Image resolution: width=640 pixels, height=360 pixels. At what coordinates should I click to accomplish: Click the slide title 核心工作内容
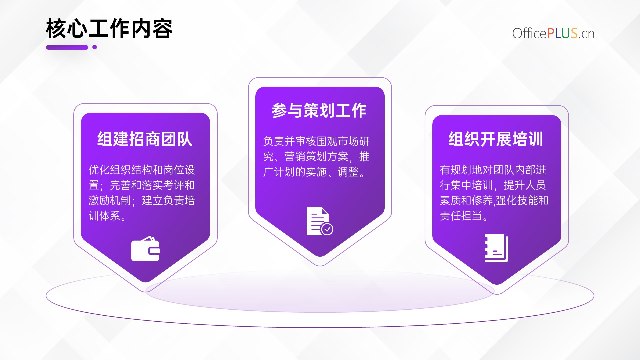[109, 29]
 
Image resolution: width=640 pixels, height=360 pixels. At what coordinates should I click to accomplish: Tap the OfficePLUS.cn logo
[553, 33]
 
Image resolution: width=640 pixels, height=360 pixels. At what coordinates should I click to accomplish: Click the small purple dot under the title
[95, 47]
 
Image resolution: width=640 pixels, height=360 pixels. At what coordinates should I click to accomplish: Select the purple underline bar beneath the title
[67, 47]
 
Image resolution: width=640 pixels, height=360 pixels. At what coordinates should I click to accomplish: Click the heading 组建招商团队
[145, 139]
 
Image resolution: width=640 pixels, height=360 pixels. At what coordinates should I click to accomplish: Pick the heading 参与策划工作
[319, 110]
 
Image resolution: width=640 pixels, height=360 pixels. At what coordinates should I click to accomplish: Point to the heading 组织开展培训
[496, 139]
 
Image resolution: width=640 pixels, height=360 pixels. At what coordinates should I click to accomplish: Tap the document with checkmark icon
[320, 221]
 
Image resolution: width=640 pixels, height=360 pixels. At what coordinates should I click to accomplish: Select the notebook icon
[496, 248]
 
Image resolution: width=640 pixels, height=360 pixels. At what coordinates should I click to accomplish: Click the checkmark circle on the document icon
[327, 229]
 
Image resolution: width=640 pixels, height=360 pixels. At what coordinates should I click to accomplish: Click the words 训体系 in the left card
[104, 216]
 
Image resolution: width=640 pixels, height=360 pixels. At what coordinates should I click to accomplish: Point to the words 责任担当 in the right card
[461, 216]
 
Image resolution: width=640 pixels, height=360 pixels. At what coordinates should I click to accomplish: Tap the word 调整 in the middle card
[348, 172]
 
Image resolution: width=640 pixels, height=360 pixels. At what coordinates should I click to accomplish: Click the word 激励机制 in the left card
[110, 200]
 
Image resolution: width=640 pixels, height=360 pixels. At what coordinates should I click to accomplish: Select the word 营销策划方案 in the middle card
[316, 157]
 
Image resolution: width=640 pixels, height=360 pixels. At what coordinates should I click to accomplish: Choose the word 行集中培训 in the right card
[466, 185]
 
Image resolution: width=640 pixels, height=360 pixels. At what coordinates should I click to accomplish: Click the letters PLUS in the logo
[562, 33]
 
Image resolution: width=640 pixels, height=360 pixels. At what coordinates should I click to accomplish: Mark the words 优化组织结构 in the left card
[120, 170]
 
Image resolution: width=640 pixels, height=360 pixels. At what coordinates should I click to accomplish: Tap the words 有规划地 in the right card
[461, 170]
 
